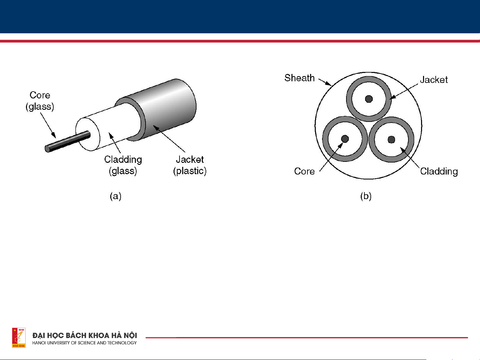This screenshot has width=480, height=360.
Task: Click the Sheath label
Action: tap(299, 78)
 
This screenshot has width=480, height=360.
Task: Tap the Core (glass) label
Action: tap(40, 101)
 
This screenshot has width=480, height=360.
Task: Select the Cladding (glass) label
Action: tap(123, 165)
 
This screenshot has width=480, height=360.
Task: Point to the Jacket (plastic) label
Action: tap(190, 165)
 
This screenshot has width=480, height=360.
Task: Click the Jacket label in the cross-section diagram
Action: tap(434, 80)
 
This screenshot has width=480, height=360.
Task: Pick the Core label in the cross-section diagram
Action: tap(304, 171)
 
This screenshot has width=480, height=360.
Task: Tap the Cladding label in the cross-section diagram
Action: tap(439, 172)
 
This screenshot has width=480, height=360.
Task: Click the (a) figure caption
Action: tap(116, 196)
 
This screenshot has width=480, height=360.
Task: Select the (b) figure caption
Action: tap(366, 196)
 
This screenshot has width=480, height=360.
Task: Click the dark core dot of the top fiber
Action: tap(369, 99)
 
